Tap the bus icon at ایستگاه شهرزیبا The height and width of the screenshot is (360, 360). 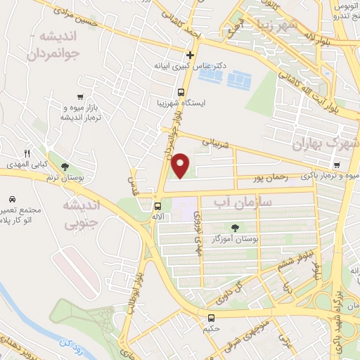pyautogui.click(x=181, y=91)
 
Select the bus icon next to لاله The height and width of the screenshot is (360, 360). pyautogui.click(x=157, y=206)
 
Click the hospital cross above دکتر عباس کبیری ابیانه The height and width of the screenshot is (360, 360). pyautogui.click(x=190, y=55)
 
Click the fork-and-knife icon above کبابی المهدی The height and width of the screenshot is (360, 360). pyautogui.click(x=27, y=153)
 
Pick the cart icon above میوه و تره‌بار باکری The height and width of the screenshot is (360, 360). pyautogui.click(x=338, y=165)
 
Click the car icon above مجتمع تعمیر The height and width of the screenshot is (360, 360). pyautogui.click(x=13, y=199)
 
